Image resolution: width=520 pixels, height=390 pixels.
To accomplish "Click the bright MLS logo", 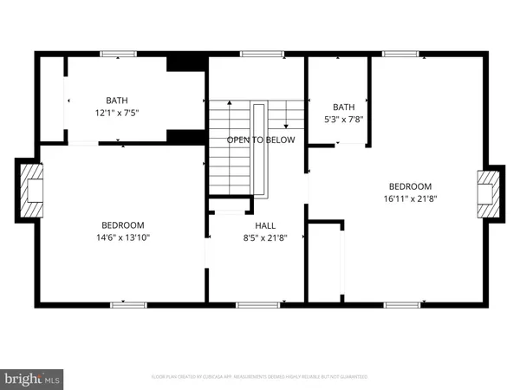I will [x=34, y=378].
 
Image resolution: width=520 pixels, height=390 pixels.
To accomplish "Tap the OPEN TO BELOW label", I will [x=261, y=140].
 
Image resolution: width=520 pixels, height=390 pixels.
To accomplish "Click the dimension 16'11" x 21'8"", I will [x=410, y=198].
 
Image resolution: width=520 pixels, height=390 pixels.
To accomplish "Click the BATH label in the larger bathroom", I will [x=116, y=101].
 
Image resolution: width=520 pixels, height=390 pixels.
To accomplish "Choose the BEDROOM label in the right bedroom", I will [x=410, y=185].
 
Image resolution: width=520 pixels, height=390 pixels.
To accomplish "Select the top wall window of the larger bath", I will [x=113, y=55].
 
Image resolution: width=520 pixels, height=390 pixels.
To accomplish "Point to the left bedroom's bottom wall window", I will [x=127, y=304].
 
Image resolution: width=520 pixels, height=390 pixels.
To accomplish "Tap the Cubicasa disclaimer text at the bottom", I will [x=260, y=377].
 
